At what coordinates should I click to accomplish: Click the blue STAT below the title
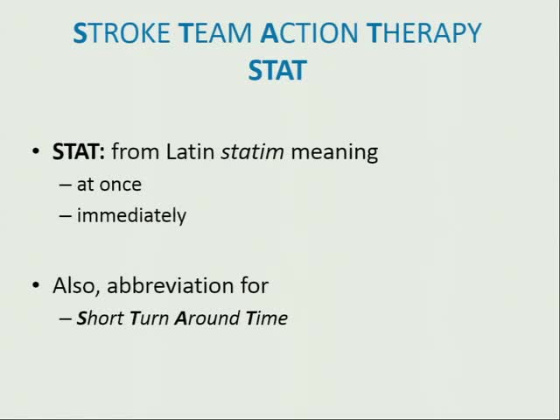[x=277, y=70]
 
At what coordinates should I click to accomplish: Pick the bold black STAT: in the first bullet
[x=79, y=151]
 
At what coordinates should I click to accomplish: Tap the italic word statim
[x=252, y=151]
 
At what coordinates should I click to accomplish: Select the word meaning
[x=334, y=152]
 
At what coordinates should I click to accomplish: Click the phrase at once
[x=109, y=185]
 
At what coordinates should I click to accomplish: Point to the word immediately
[x=131, y=215]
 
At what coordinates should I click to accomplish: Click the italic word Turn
[x=149, y=318]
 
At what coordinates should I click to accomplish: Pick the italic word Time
[x=267, y=318]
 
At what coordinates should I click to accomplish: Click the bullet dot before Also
[x=35, y=286]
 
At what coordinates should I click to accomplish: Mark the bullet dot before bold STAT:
[x=35, y=152]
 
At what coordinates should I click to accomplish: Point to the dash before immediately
[x=66, y=215]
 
